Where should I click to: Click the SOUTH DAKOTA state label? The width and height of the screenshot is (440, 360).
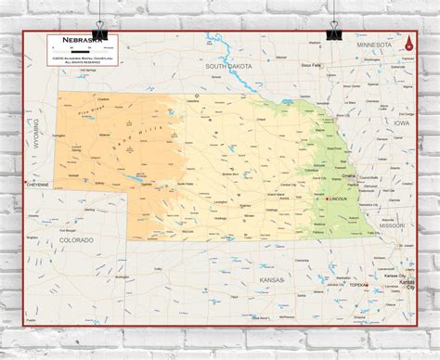pos(228,67)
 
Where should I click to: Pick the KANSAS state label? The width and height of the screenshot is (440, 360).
pos(272,279)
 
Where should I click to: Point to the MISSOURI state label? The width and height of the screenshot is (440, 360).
pos(391,225)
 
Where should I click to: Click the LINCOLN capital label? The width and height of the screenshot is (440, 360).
pos(341,199)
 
